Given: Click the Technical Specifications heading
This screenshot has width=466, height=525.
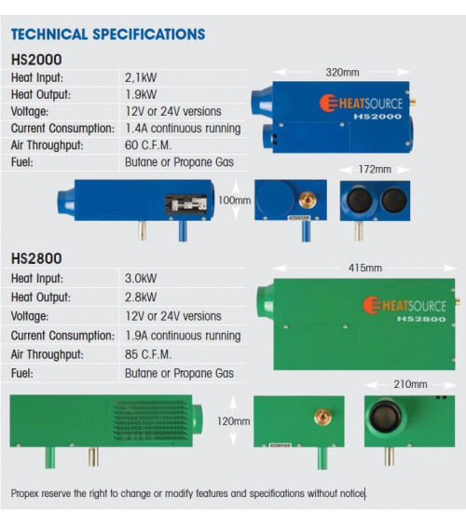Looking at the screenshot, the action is (108, 35).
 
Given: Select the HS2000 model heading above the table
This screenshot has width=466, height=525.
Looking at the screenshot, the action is (36, 60).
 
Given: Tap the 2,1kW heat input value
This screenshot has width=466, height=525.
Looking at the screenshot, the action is (141, 77).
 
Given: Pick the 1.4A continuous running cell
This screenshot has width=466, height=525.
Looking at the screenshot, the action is (183, 129).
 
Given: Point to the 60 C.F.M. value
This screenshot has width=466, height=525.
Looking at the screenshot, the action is (148, 145).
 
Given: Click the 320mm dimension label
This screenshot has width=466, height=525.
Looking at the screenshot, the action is (342, 73).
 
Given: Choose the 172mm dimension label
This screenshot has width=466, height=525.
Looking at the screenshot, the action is (375, 169).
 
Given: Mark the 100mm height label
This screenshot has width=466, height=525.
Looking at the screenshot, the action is (234, 200).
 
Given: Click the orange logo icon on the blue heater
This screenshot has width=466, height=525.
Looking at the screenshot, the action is (329, 103).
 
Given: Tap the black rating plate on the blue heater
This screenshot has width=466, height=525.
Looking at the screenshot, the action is (186, 204).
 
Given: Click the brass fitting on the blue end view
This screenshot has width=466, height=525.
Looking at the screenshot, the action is (308, 200).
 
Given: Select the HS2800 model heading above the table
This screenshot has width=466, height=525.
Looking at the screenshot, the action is (36, 259).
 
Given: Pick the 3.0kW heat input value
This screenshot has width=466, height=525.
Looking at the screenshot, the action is (141, 278).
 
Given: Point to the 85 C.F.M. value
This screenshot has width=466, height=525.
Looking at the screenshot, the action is (148, 354).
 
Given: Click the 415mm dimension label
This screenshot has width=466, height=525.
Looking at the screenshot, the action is (365, 268).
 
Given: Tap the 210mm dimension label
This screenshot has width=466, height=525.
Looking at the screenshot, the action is (410, 384).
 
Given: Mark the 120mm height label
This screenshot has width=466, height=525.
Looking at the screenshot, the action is (234, 421).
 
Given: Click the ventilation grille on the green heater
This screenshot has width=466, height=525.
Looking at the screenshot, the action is (150, 420).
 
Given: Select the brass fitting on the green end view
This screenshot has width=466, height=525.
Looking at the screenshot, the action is (322, 417).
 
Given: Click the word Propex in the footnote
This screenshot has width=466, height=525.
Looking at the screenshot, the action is (24, 494).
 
